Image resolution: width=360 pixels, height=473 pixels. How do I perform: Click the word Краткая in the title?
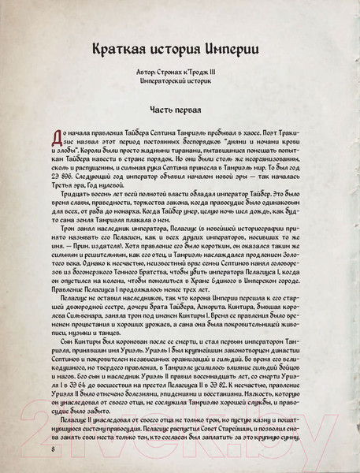(120, 47)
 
